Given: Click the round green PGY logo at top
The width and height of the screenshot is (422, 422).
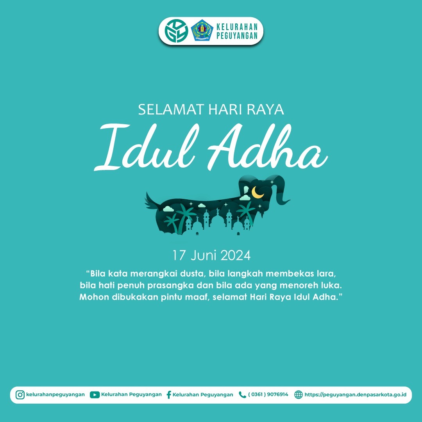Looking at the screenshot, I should (175, 30).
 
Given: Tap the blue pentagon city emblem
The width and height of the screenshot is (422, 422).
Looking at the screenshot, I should (202, 30).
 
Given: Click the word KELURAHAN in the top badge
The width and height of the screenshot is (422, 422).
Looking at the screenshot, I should (237, 27).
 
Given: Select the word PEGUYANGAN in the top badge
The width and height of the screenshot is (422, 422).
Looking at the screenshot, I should (237, 36).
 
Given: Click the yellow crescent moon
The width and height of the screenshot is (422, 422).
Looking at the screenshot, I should (258, 192).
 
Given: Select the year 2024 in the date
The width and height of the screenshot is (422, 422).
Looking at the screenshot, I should (235, 256).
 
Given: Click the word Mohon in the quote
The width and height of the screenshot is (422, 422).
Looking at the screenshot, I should (94, 297).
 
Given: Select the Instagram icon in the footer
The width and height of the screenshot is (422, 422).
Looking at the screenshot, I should (20, 395).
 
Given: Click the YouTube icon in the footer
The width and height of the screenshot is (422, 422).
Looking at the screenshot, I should (95, 395).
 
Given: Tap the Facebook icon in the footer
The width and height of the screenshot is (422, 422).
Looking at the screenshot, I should (169, 395).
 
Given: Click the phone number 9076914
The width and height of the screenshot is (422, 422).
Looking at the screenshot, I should (275, 395).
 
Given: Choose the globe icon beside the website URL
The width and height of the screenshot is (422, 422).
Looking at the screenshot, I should (298, 395).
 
